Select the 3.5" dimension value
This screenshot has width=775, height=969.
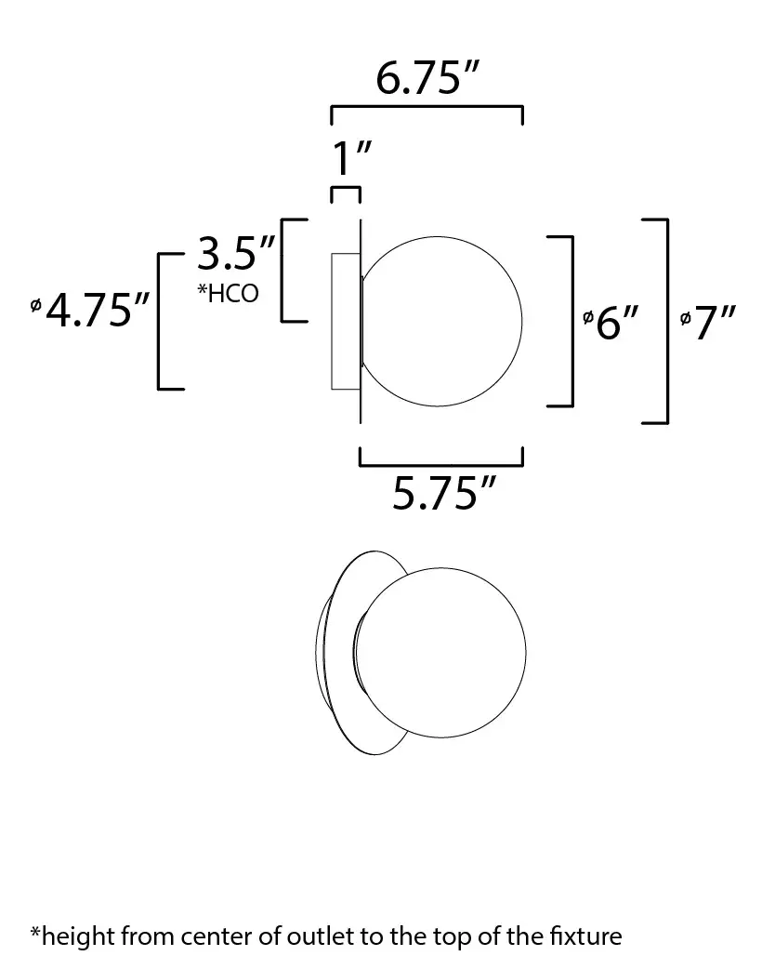(236, 253)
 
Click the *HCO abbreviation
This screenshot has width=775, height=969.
(228, 293)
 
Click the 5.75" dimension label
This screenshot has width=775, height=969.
(444, 493)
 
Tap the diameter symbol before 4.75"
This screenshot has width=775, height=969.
(36, 305)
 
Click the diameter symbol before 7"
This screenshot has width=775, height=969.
(685, 318)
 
